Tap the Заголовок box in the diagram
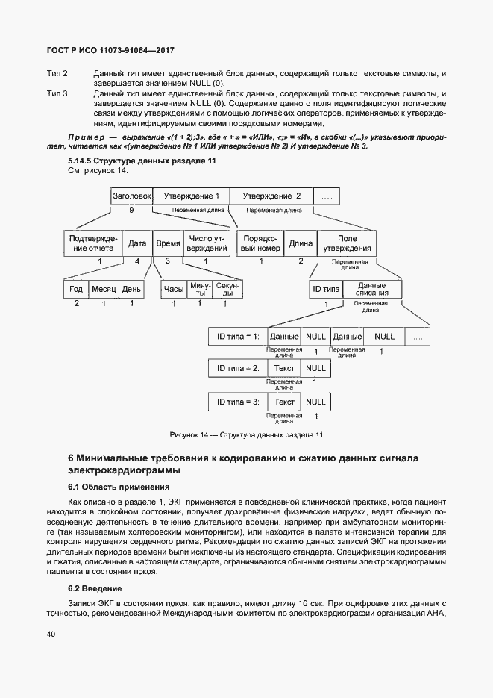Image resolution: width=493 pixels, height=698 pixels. point(132,196)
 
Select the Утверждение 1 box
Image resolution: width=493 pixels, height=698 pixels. point(192,196)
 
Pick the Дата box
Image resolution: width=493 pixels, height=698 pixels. point(137,243)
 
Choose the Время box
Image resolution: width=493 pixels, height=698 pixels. point(167,243)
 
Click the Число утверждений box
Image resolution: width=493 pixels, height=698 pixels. point(207,243)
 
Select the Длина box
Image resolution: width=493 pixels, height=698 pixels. point(301,243)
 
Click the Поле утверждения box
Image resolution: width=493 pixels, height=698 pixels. point(347,243)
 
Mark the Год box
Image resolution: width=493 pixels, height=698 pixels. point(76,290)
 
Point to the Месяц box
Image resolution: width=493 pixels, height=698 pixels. point(103,290)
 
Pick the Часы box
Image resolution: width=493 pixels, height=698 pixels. point(174,290)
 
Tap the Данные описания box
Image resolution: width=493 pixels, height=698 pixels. point(372,290)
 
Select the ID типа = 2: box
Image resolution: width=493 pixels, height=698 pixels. point(238,369)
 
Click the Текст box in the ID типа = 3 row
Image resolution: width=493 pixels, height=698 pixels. point(285,402)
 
